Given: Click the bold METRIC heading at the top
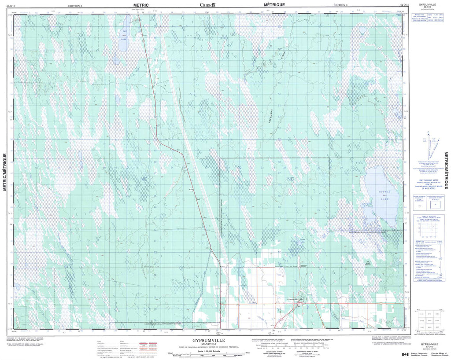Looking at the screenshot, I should click(138, 4).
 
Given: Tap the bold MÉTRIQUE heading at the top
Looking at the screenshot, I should click(274, 4).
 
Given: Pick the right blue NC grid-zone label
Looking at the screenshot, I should click(290, 179).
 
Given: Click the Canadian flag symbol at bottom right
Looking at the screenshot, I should click(405, 354).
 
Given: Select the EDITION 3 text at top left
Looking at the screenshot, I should click(78, 5).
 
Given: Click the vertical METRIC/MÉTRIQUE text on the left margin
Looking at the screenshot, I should click(5, 172).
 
